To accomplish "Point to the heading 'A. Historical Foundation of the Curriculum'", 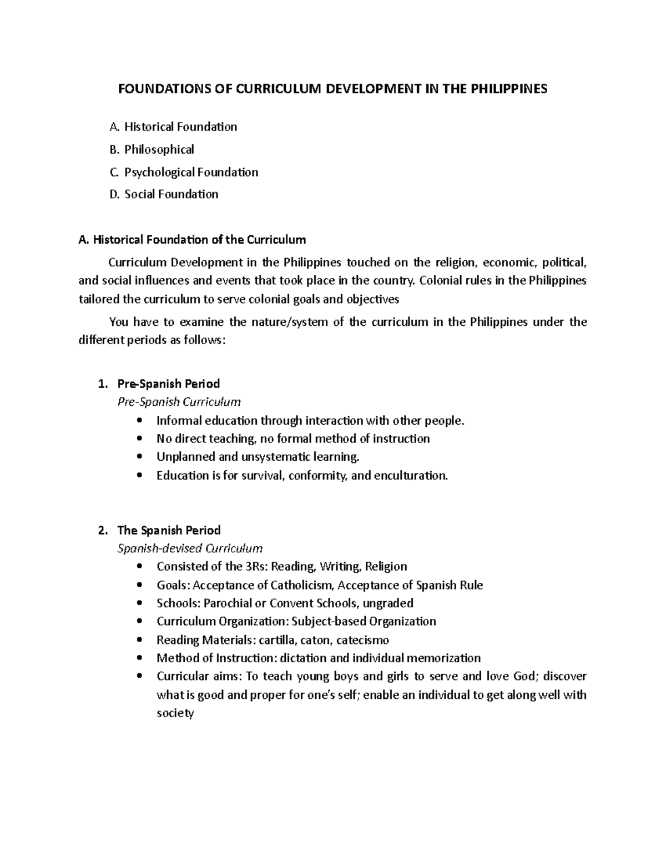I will (x=193, y=240).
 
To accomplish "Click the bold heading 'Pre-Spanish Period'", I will (x=169, y=384).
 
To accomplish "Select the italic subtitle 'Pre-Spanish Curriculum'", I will (x=179, y=402).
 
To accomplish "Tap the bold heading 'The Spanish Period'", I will (x=169, y=530).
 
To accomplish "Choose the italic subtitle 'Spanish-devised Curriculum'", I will (x=190, y=548).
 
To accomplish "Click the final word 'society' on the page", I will (x=175, y=713).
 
